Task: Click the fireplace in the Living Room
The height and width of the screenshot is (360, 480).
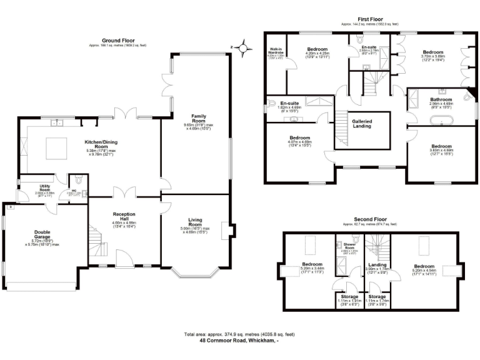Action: tap(232, 231)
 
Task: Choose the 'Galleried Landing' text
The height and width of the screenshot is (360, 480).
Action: tap(362, 124)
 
